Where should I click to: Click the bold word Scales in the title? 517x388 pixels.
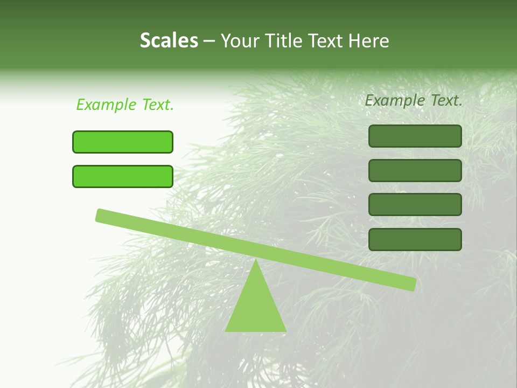[169, 40]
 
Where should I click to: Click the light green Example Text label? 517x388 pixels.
[125, 105]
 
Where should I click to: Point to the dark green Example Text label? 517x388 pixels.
[414, 100]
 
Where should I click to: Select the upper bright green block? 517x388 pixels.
[123, 142]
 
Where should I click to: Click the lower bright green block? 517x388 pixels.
[123, 176]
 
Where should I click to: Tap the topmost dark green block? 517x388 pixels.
[415, 136]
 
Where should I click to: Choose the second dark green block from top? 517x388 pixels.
[415, 170]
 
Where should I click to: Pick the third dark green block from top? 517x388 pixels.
[415, 205]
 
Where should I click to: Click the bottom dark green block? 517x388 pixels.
[415, 239]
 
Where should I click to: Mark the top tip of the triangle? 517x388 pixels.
[256, 261]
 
